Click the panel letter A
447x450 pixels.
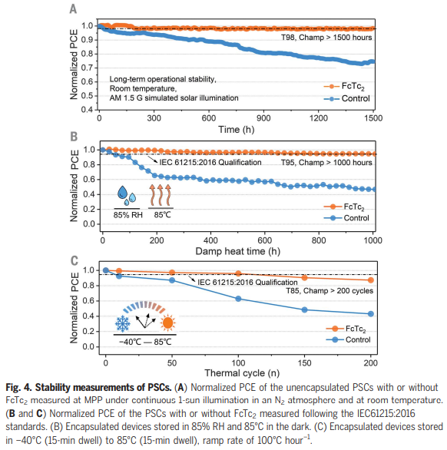(73, 8)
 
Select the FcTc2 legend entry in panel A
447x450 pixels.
(344, 86)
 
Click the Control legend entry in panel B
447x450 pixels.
(346, 218)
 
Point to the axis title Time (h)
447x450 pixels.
(237, 130)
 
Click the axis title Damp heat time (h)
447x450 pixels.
(238, 251)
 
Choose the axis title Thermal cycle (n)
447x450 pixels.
(242, 373)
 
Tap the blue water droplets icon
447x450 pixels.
(127, 196)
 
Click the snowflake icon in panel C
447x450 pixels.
(123, 323)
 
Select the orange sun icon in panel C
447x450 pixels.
(167, 323)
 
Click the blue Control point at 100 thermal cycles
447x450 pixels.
(238, 299)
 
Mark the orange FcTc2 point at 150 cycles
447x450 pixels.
(305, 278)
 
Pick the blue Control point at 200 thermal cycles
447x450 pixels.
(371, 313)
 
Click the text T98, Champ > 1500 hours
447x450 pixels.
(326, 38)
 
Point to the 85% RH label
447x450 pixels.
(127, 215)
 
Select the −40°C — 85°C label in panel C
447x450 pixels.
(145, 342)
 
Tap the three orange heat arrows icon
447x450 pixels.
(161, 194)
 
